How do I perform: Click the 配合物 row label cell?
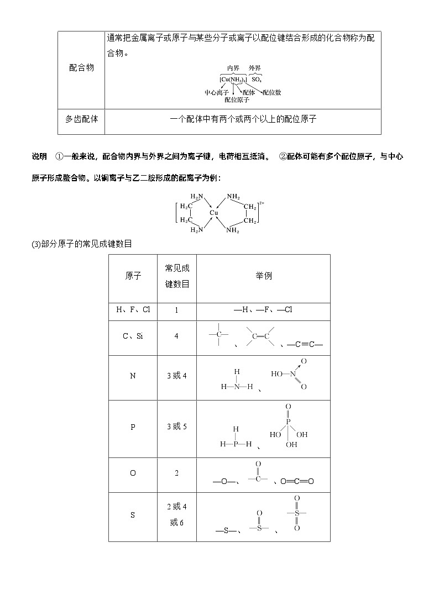pos(81,67)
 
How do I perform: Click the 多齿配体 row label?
pos(81,119)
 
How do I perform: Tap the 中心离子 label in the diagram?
pos(216,93)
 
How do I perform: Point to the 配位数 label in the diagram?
pos(271,92)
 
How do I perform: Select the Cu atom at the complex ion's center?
pos(213,213)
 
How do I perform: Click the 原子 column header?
pos(133,276)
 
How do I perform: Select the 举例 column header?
pos(263,276)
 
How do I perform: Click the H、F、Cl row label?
pos(133,310)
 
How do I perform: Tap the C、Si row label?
pos(133,336)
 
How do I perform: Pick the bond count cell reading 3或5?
pos(176,427)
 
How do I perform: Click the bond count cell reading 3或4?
pos(176,376)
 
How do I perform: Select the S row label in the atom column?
pos(133,515)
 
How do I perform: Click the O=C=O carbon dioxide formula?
pos(297,481)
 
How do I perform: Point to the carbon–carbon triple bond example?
pos(305,345)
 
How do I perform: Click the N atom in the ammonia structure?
pos(237,387)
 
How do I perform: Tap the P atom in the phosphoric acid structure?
pos(288,421)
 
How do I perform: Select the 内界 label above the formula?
pos(232,68)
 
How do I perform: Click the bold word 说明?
pos(39,157)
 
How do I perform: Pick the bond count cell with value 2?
pos(176,473)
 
